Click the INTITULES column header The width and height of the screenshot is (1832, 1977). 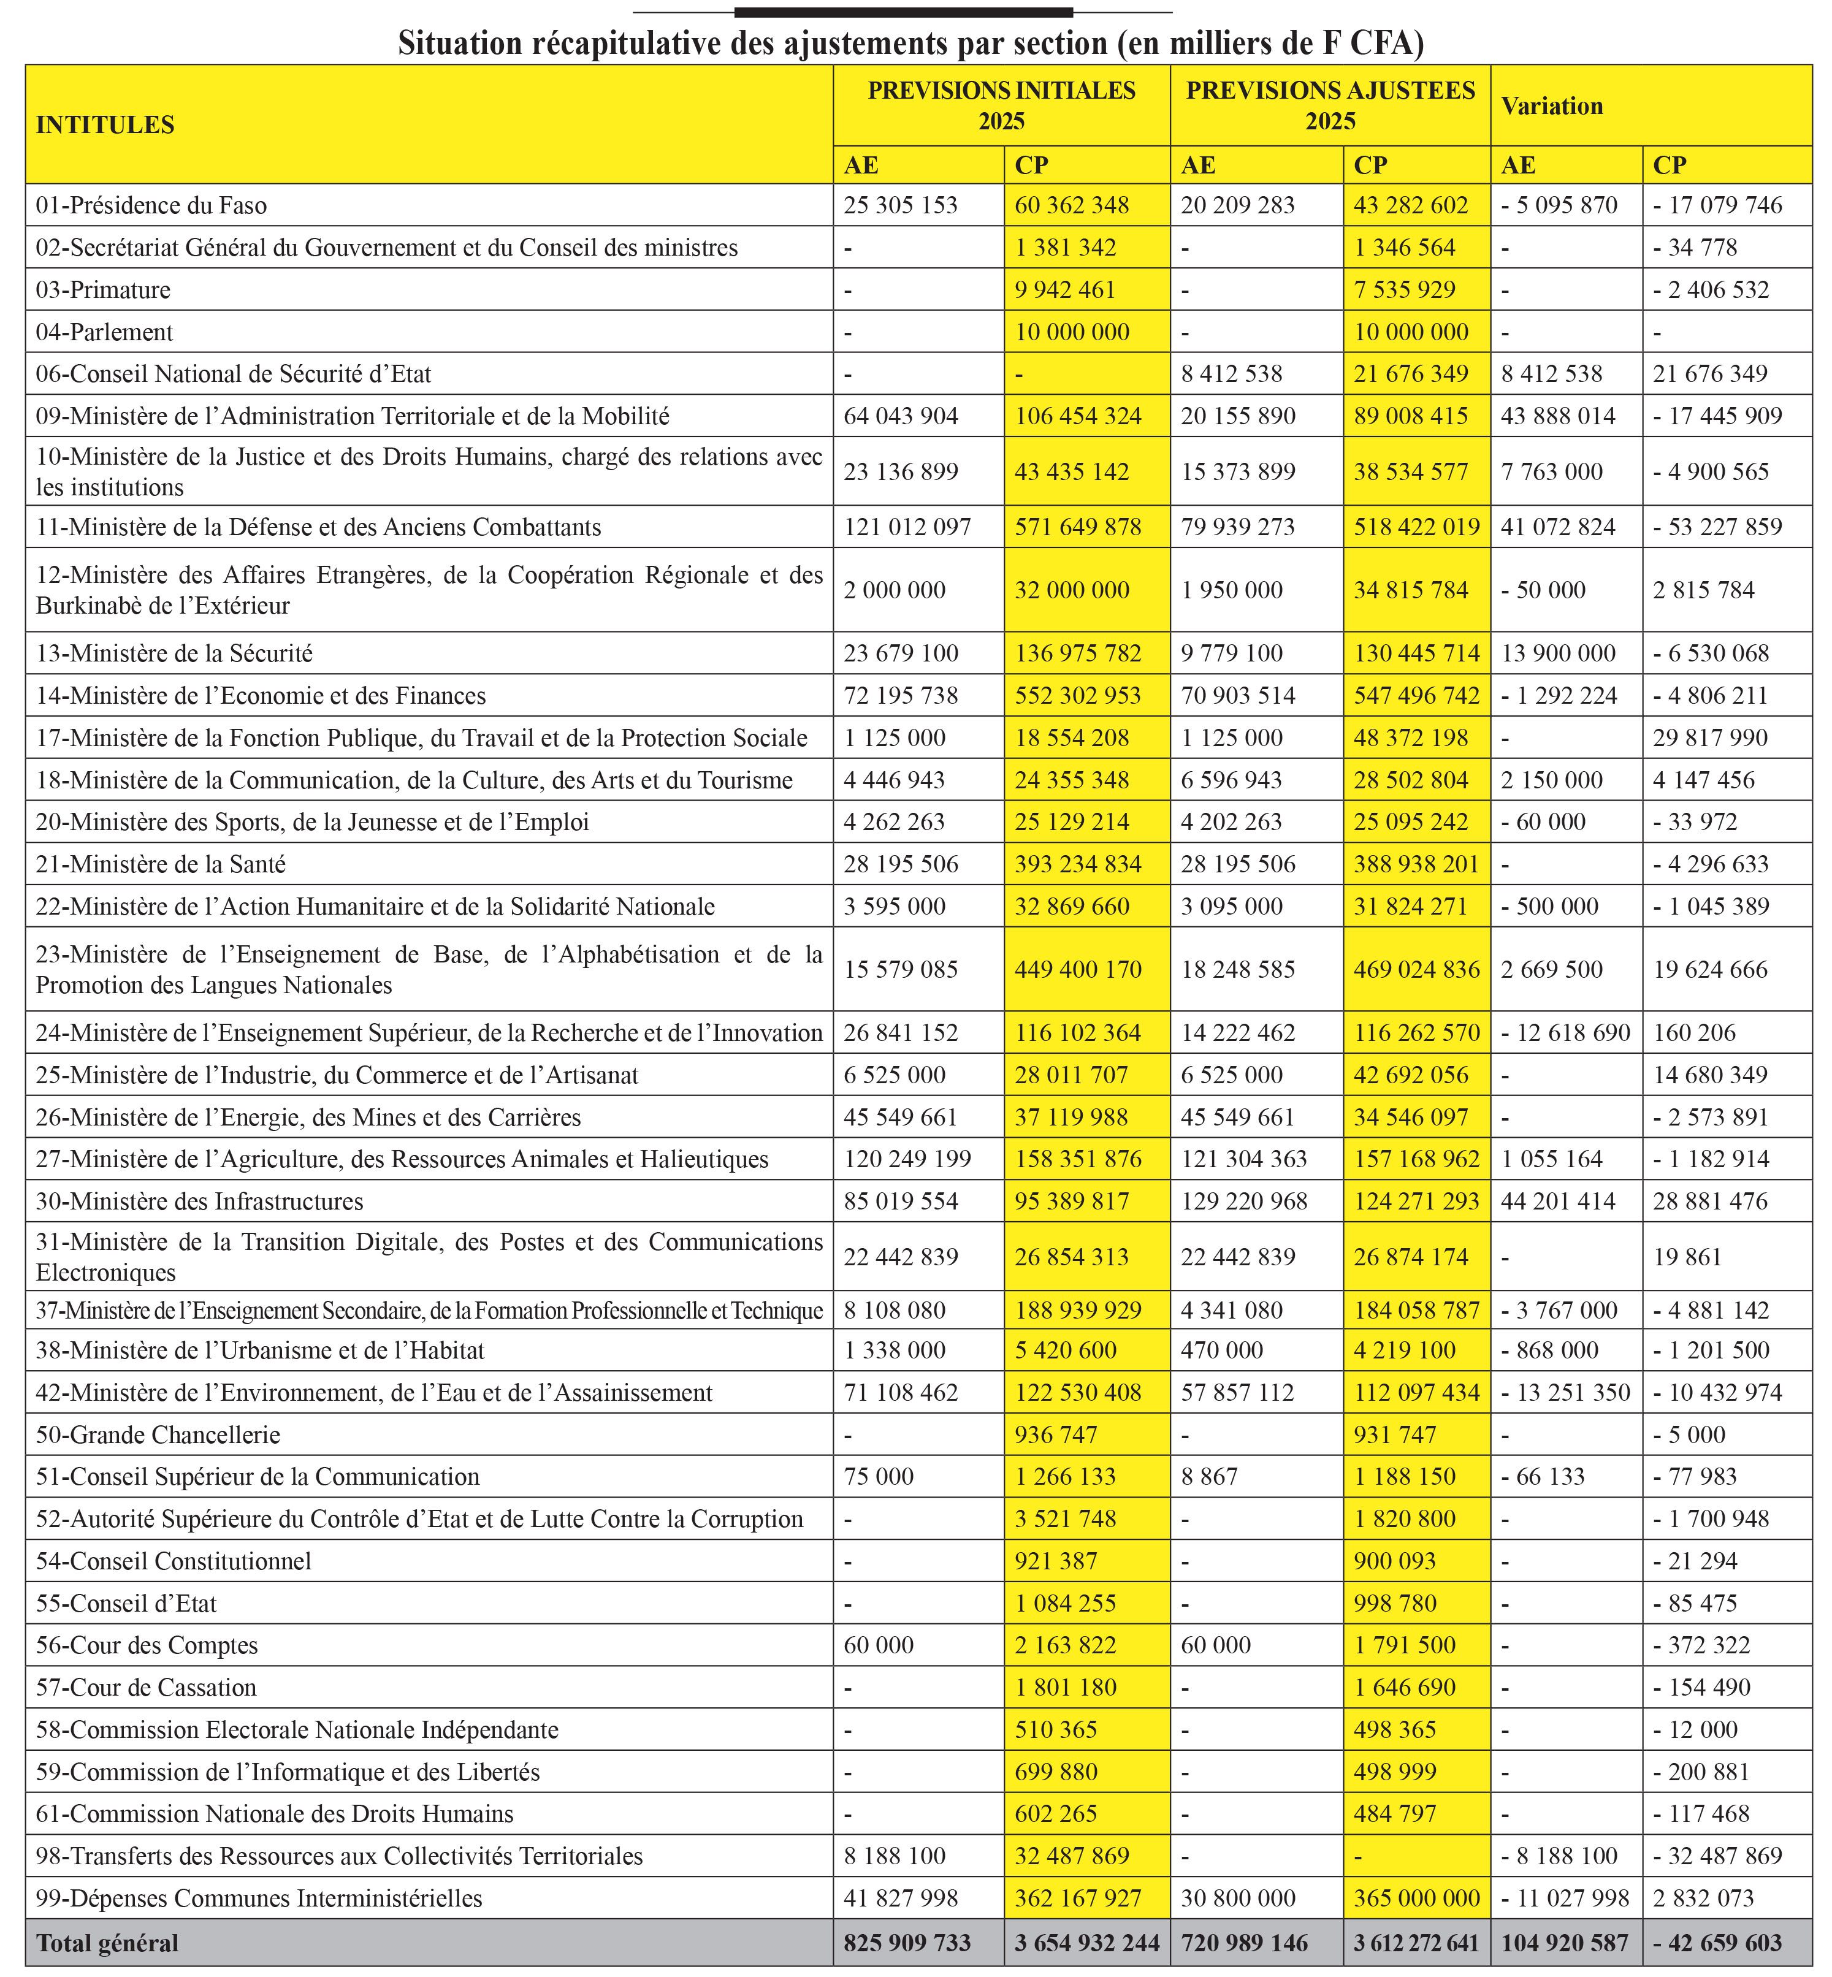[105, 125]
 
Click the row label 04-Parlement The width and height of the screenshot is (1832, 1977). [104, 332]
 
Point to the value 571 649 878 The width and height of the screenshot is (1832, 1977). [1078, 527]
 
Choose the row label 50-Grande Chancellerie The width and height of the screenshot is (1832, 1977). [158, 1435]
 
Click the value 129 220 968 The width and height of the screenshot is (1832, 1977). [1244, 1202]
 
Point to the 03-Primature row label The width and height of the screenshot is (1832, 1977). [103, 291]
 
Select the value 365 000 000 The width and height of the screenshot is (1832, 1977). [1417, 1899]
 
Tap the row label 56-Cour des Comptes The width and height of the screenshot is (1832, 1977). [147, 1646]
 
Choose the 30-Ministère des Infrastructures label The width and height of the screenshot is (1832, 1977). [199, 1202]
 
